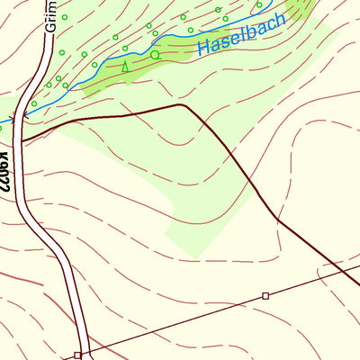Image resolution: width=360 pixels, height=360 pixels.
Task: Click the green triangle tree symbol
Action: point(125,66)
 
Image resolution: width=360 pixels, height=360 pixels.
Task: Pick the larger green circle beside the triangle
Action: point(155,55)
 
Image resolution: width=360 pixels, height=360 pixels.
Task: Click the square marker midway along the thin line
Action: point(265,295)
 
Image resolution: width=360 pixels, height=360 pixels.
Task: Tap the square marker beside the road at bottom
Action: point(78,355)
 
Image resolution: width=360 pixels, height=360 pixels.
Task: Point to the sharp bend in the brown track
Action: point(184,105)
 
